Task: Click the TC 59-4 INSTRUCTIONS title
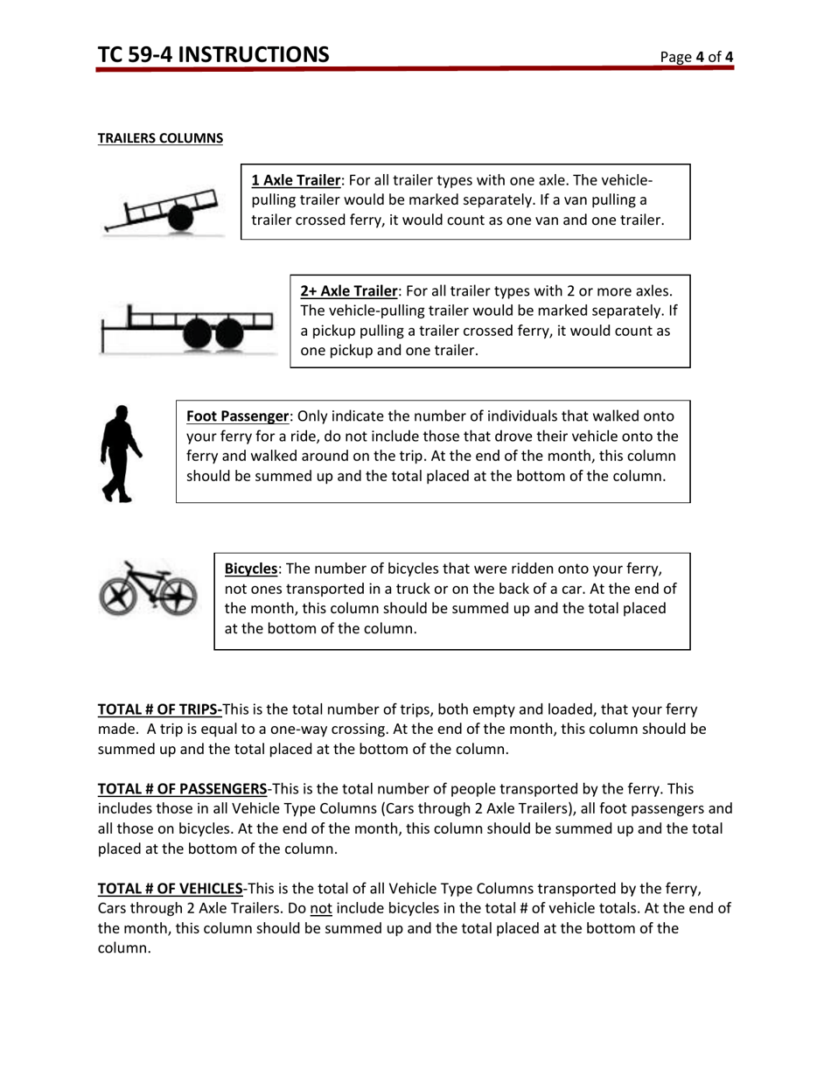[x=213, y=55]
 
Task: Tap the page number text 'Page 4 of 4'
[x=696, y=58]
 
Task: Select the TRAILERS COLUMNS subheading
[x=159, y=138]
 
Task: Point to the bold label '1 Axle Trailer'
[x=295, y=180]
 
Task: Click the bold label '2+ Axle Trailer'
[x=349, y=290]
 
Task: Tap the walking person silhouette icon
[x=120, y=453]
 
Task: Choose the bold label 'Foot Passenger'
[x=237, y=416]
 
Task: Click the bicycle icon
[x=147, y=587]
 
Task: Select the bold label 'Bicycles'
[x=251, y=568]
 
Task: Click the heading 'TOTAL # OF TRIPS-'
[x=160, y=709]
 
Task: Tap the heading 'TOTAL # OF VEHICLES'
[x=170, y=889]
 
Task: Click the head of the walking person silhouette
[x=122, y=413]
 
